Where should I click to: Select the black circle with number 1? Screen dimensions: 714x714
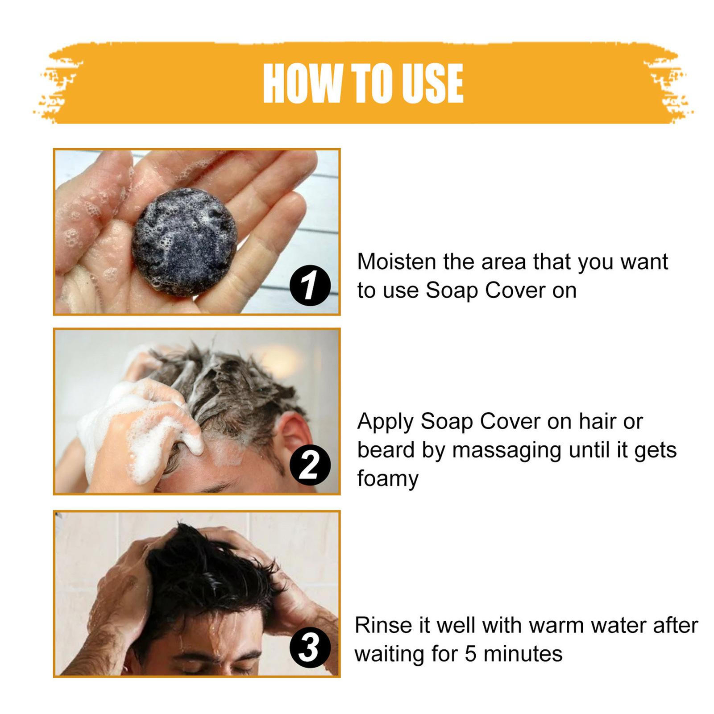[x=310, y=286]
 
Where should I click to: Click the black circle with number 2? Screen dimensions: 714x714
[x=310, y=465]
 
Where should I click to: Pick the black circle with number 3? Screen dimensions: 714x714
[x=310, y=648]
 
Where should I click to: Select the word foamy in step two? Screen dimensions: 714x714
[x=387, y=479]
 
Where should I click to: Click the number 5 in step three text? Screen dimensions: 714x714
[x=471, y=654]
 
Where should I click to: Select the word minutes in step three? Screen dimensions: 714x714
[x=523, y=654]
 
